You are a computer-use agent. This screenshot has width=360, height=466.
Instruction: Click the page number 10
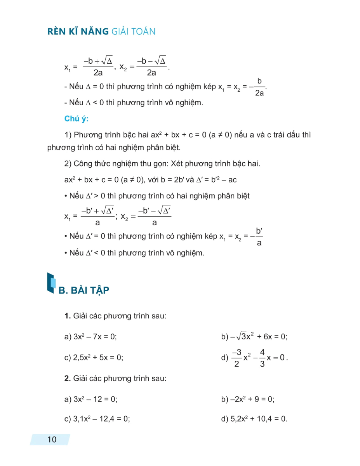[52, 440]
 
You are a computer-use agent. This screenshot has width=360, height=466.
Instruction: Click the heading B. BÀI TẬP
[84, 290]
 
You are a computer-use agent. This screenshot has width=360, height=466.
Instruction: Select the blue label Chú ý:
[77, 119]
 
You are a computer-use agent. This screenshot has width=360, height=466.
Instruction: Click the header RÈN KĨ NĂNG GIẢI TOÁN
[101, 31]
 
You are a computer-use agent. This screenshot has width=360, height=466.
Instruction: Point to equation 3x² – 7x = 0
[95, 337]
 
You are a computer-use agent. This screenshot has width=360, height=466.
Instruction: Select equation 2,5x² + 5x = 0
[98, 358]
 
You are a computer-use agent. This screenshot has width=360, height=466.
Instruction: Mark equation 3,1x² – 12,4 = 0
[101, 419]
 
